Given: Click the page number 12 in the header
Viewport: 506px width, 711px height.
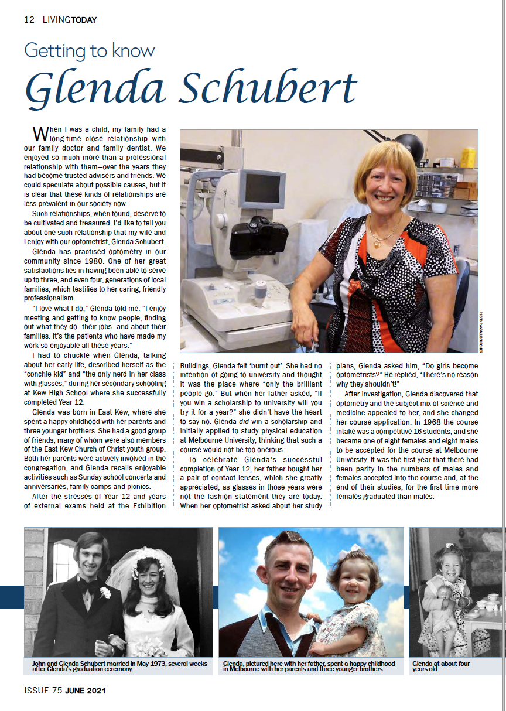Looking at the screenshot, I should click(29, 20).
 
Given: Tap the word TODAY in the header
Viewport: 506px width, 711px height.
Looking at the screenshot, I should click(84, 20).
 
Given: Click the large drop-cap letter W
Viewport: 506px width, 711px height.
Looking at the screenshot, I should click(40, 132).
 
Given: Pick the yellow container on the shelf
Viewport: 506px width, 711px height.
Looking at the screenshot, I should click(468, 158).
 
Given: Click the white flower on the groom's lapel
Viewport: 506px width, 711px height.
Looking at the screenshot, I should click(105, 592).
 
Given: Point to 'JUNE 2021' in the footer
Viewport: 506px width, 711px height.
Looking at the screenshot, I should click(85, 691).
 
